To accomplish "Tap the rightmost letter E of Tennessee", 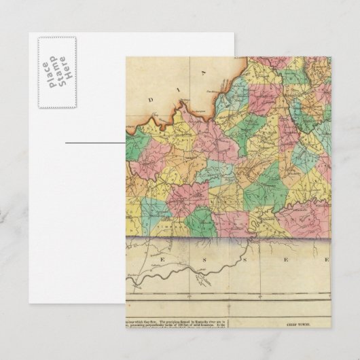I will [x=326, y=259].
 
